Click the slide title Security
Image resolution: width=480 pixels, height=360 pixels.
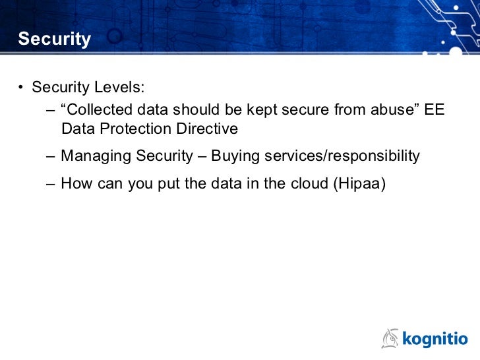(x=54, y=40)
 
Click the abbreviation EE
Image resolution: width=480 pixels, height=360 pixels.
(x=435, y=109)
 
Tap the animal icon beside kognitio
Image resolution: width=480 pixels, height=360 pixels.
(x=391, y=338)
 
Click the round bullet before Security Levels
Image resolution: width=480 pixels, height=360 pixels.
(x=21, y=88)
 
